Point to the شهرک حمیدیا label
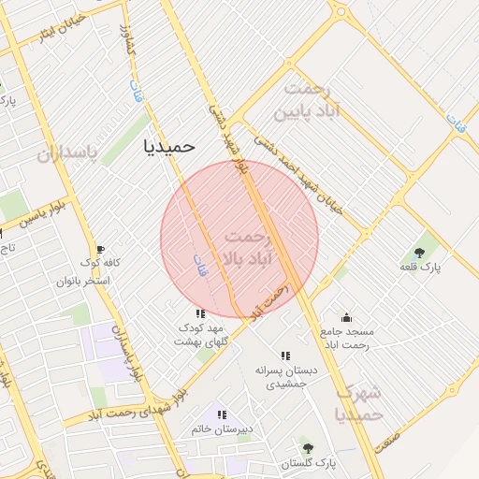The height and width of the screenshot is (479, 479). (x=358, y=402)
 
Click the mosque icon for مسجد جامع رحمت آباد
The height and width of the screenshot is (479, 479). (x=346, y=317)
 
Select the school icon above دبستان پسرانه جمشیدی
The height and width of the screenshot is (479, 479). (x=285, y=356)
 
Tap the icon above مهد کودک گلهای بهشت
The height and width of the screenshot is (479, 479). (x=199, y=314)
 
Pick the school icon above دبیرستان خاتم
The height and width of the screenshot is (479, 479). (x=222, y=414)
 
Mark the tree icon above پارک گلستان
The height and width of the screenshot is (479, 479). (x=306, y=448)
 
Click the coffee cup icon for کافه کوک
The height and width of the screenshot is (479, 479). (x=100, y=249)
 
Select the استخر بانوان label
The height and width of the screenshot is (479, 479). (x=83, y=281)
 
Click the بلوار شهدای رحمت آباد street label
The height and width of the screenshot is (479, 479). (x=140, y=404)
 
